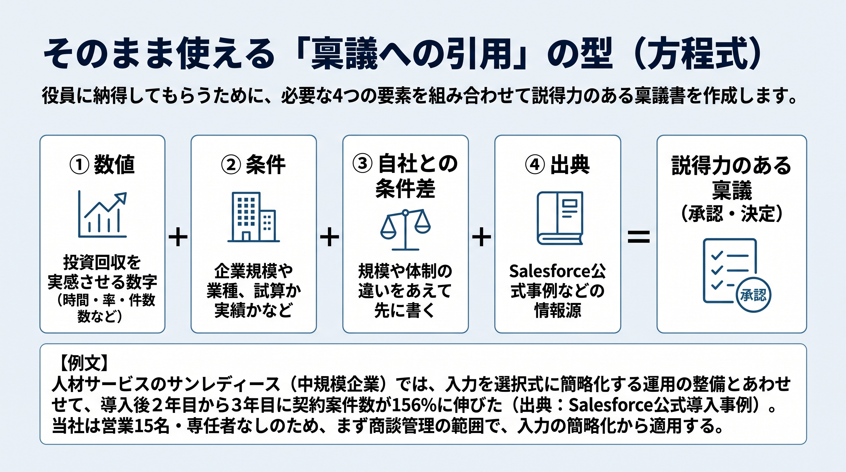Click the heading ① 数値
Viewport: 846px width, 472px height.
[x=102, y=164]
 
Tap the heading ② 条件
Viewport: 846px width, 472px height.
[x=253, y=164]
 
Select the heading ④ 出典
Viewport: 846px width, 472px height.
[x=557, y=164]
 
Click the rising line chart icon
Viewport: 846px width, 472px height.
[x=102, y=214]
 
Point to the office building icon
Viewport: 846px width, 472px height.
[x=254, y=217]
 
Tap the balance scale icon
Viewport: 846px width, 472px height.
[x=405, y=230]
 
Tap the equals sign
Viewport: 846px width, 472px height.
[x=638, y=237]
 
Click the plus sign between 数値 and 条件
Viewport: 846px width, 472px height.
[x=178, y=237]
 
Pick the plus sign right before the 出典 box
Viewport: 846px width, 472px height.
[x=481, y=237]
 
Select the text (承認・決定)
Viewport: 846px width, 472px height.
[x=732, y=213]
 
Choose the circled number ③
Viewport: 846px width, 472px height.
[x=362, y=163]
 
